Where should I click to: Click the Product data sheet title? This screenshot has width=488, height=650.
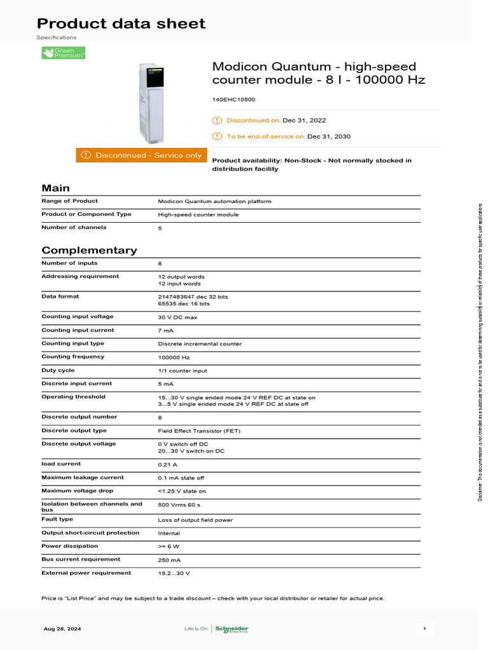click(121, 24)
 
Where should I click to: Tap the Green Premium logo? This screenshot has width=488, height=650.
click(63, 53)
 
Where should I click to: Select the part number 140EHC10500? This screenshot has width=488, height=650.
click(234, 100)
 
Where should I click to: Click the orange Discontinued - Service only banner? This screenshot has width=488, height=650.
click(140, 156)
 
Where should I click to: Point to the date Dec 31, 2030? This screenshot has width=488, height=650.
click(329, 136)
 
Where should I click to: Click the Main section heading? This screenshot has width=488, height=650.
click(56, 188)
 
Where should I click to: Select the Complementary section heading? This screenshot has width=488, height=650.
click(89, 250)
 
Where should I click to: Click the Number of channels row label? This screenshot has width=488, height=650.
click(74, 227)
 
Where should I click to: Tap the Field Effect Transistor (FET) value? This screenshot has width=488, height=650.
click(199, 431)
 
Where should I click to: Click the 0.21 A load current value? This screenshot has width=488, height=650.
click(168, 464)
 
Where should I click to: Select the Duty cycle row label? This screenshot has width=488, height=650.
click(58, 370)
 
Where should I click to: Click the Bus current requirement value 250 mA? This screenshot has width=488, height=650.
click(170, 560)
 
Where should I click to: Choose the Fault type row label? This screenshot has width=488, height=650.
click(57, 519)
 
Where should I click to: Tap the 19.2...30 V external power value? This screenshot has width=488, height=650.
click(174, 573)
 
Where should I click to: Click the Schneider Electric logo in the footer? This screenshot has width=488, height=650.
click(231, 629)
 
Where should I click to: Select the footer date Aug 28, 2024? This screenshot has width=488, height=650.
click(62, 629)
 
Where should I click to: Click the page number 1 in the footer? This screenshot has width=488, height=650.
click(424, 629)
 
